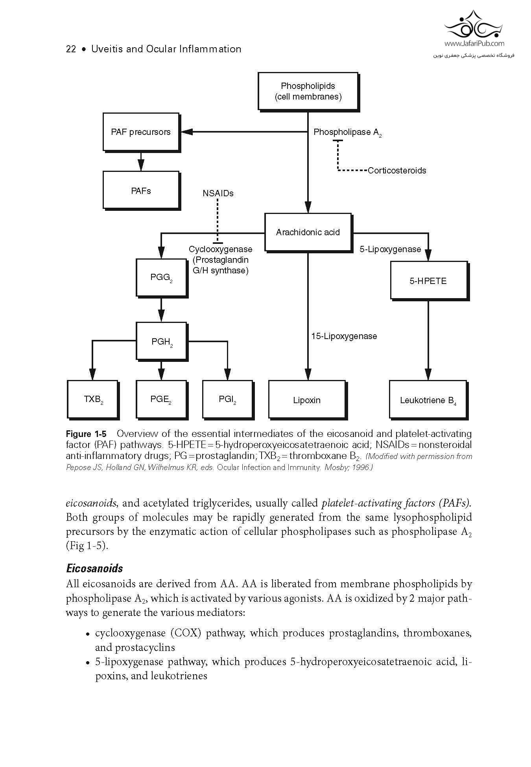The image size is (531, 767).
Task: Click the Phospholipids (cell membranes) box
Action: click(x=308, y=91)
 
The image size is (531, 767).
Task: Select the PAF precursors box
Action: click(x=141, y=132)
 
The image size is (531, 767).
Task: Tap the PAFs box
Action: click(x=141, y=191)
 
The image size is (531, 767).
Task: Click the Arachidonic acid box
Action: click(x=308, y=232)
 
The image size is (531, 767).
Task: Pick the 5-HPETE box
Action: click(x=428, y=281)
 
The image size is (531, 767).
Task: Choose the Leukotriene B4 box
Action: click(x=428, y=400)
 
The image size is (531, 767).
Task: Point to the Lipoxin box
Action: click(x=307, y=400)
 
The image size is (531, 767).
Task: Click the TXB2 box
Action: click(x=93, y=399)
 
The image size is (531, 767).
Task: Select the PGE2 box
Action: click(x=161, y=399)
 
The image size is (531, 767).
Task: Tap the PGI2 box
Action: click(x=227, y=399)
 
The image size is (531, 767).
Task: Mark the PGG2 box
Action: click(x=161, y=277)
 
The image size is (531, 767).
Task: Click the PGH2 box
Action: click(x=162, y=341)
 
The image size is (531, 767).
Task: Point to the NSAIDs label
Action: click(x=218, y=193)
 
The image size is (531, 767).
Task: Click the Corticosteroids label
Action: click(x=397, y=170)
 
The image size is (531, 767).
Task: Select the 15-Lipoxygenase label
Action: click(x=344, y=336)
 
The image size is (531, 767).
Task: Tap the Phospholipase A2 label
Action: click(x=347, y=132)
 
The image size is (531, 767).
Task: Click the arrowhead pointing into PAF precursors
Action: click(x=186, y=132)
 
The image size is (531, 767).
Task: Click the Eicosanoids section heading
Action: click(x=94, y=568)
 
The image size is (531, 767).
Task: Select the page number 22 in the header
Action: click(x=71, y=49)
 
